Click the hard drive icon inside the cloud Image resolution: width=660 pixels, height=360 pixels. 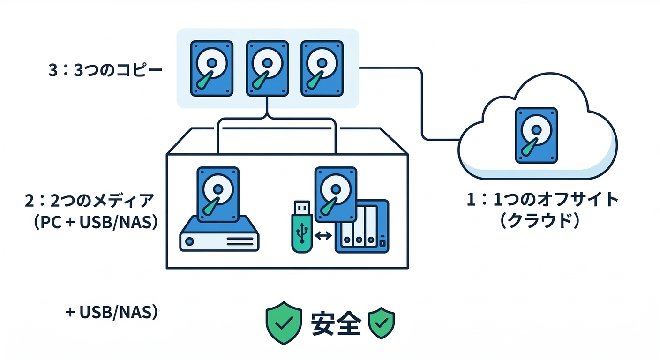(x=536, y=135)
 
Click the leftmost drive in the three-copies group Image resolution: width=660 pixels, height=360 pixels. (x=212, y=69)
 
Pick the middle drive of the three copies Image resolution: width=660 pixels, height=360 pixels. (x=266, y=69)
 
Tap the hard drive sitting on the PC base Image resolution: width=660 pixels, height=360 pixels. (x=218, y=194)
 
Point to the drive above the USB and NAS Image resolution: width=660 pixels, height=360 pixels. (x=335, y=194)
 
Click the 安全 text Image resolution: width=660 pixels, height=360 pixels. (x=335, y=322)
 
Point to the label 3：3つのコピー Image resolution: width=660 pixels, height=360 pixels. (x=105, y=71)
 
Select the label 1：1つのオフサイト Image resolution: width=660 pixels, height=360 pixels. (x=542, y=200)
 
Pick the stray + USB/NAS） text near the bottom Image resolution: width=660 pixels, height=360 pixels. (x=112, y=312)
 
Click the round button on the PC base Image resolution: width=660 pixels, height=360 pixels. (x=189, y=241)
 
